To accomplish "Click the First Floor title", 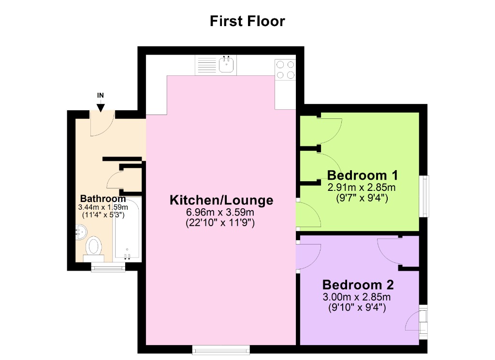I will tap(247, 21).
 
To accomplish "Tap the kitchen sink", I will tap(226, 64).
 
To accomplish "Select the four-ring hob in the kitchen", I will tap(285, 69).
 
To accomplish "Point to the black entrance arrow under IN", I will tap(101, 108).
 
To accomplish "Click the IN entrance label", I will tap(101, 95).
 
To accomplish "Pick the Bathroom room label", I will tap(103, 199).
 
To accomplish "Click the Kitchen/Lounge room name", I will tap(221, 200).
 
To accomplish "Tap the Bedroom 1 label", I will tap(362, 175).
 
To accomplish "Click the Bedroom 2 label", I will tap(358, 284).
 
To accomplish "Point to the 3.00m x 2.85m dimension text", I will tap(357, 297).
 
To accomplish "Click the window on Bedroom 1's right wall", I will tap(424, 196).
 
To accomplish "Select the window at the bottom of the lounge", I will tap(221, 349).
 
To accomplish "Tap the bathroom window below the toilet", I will tap(108, 266).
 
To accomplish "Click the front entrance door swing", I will tap(102, 124).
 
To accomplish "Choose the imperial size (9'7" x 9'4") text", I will tap(362, 197).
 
